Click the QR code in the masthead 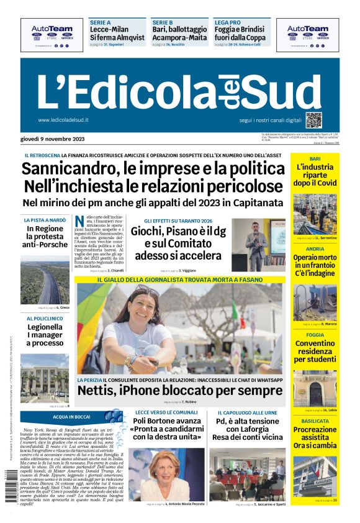point(313,120)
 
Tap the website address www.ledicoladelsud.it point(63,120)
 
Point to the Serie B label point(161,21)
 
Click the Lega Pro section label point(227,21)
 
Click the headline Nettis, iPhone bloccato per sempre point(179,391)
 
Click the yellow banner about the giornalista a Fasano point(179,280)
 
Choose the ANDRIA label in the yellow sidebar point(315,249)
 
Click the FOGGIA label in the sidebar point(315,335)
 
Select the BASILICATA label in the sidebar point(315,421)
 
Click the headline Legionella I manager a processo point(45,335)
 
